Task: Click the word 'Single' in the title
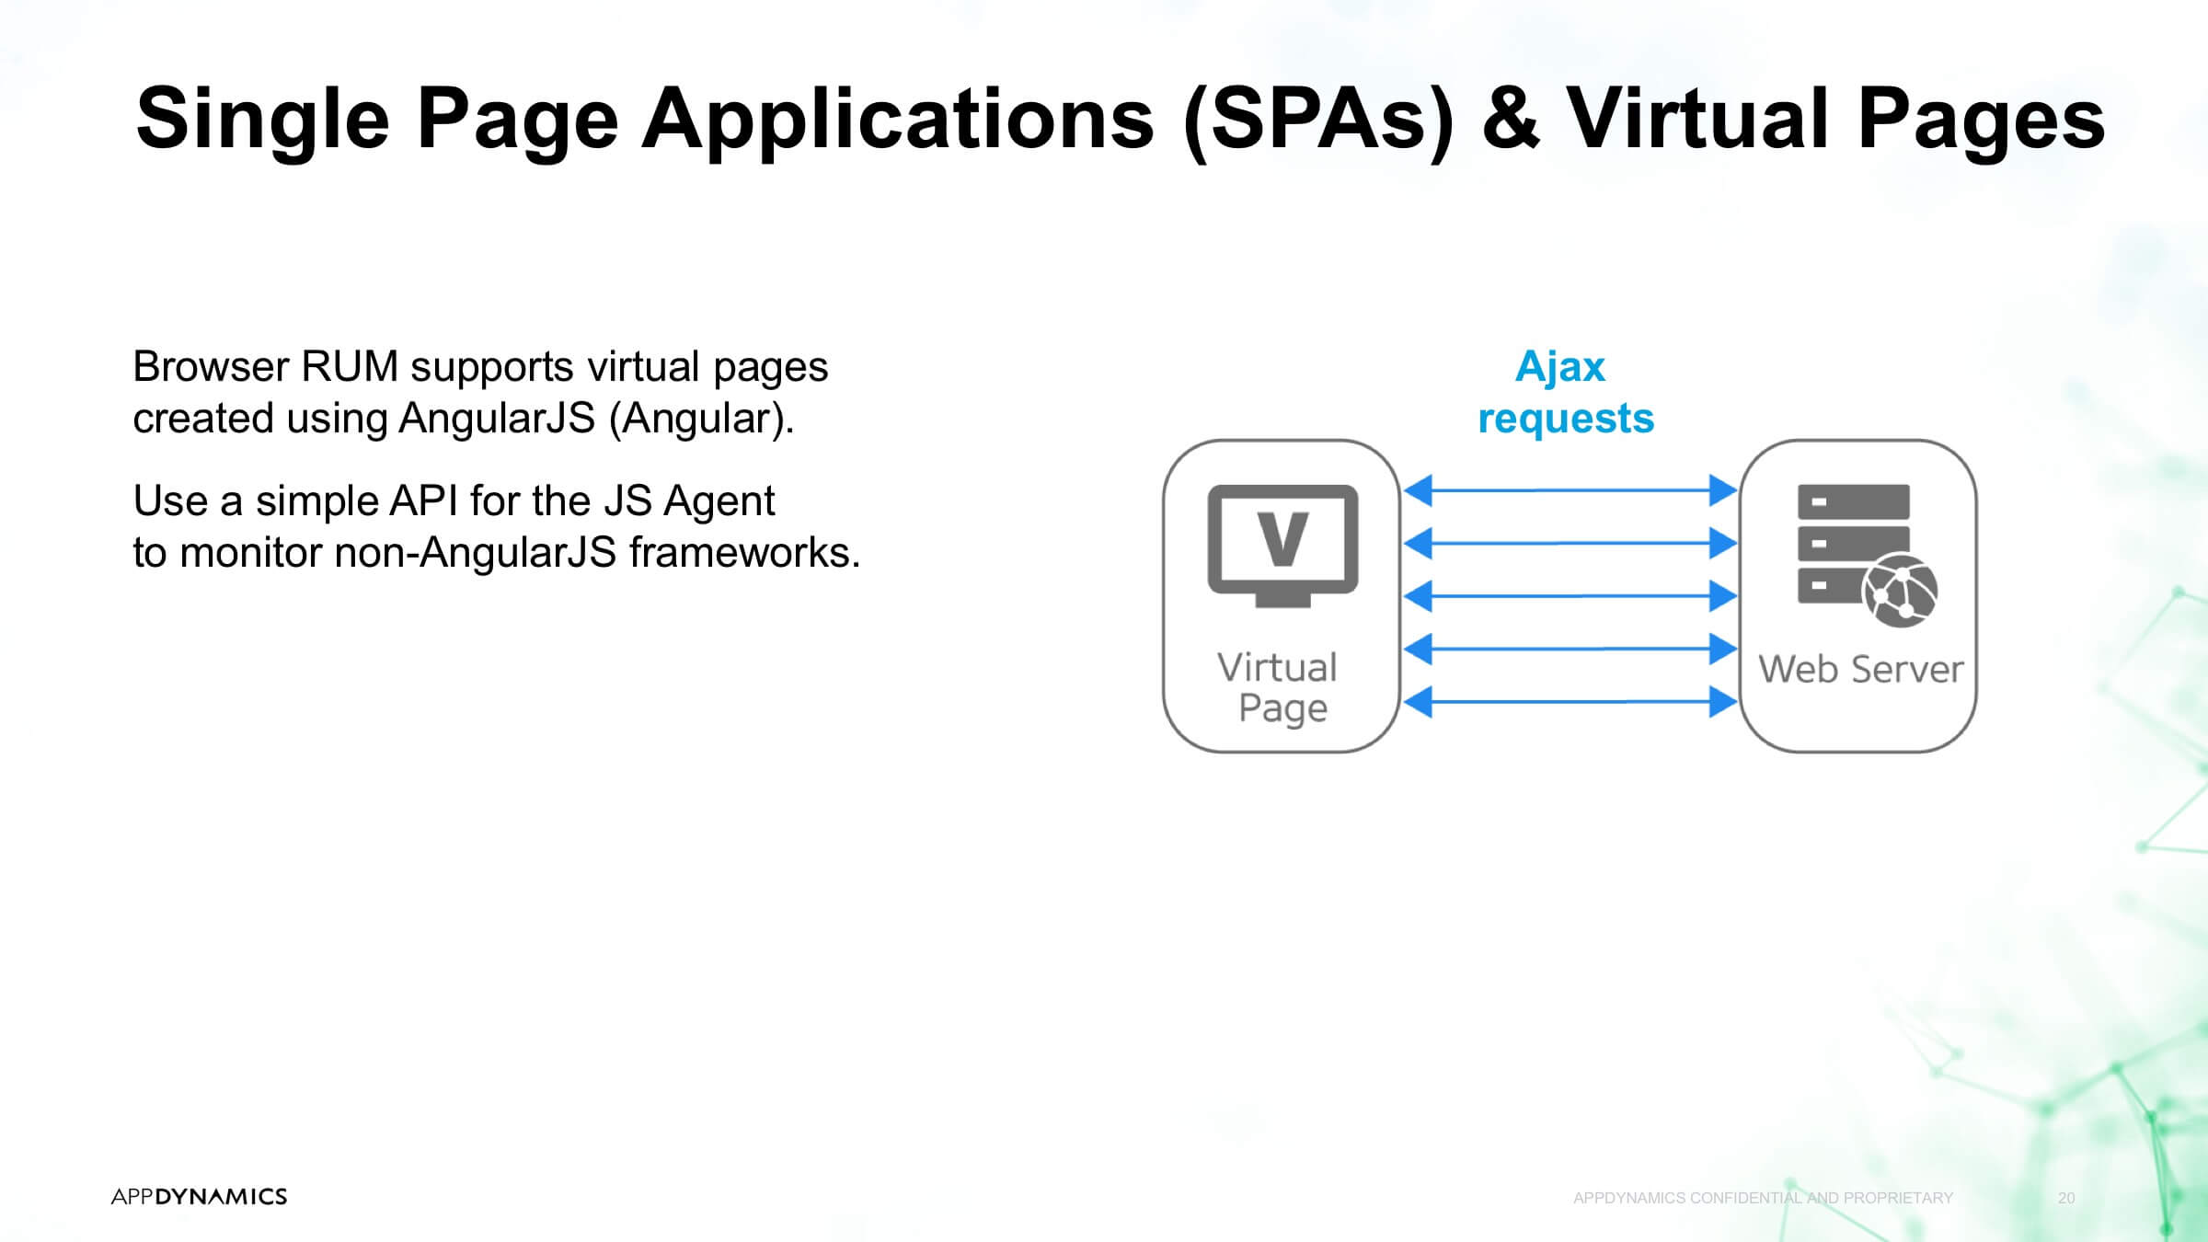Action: (x=263, y=120)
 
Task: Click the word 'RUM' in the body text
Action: (x=350, y=366)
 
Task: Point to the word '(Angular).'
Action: (x=701, y=420)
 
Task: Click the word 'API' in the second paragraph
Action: (x=423, y=501)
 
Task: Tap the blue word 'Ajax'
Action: (x=1560, y=368)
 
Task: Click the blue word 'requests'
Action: (x=1566, y=419)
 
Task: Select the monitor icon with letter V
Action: (x=1282, y=546)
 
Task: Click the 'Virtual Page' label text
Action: (x=1279, y=688)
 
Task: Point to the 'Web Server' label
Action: (x=1860, y=669)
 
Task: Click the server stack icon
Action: (x=1867, y=555)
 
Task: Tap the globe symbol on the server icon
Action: (x=1900, y=591)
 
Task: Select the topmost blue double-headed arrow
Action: (x=1570, y=490)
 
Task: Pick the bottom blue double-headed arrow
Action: (x=1570, y=702)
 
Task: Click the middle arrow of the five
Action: (x=1570, y=596)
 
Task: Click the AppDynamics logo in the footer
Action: (x=199, y=1196)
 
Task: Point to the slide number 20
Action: (x=2066, y=1198)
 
